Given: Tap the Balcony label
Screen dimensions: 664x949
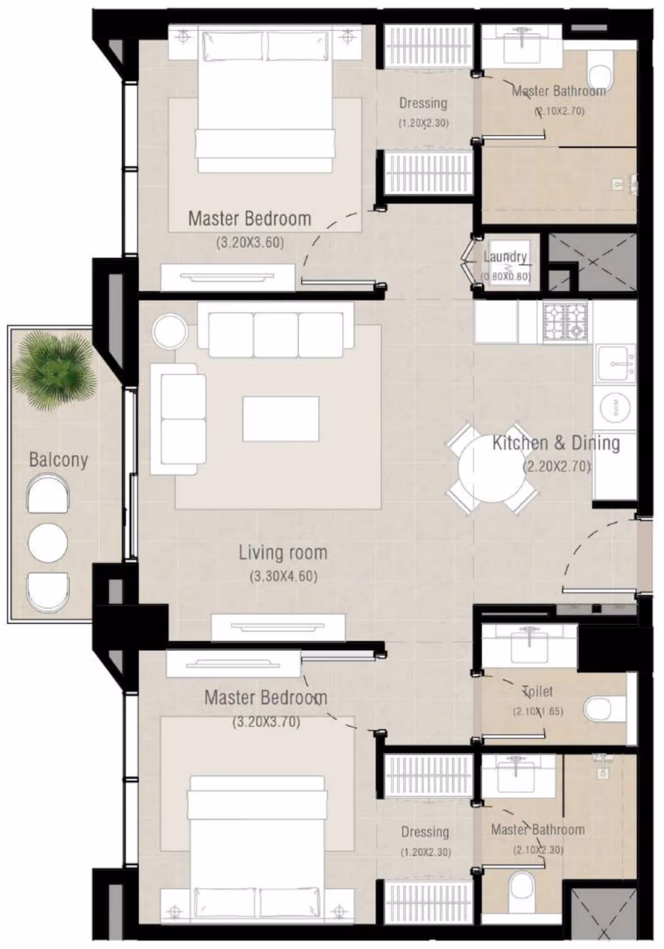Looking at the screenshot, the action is point(58,460).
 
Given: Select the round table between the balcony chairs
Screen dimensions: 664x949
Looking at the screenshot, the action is point(47,543).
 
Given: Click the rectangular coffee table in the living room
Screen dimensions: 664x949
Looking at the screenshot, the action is point(281,418).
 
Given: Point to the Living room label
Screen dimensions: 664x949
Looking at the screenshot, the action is point(283,553).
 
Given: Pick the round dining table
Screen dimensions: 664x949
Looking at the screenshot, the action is point(492,468).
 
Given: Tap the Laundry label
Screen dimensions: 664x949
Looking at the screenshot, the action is point(505,257).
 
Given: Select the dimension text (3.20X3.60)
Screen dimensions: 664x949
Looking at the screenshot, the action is point(250,243).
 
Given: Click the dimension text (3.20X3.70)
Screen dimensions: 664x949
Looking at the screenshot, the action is point(266,721).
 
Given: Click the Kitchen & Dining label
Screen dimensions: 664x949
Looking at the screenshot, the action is point(556,444).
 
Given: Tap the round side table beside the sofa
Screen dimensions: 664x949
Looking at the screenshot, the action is point(171,331).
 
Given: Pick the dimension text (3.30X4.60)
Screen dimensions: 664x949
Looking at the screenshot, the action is point(283,577).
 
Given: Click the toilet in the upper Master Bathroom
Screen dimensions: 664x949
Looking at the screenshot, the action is point(601,70).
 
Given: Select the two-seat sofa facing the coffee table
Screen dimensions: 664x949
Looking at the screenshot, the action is point(179,419).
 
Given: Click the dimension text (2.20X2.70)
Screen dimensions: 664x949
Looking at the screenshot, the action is point(556,467).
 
